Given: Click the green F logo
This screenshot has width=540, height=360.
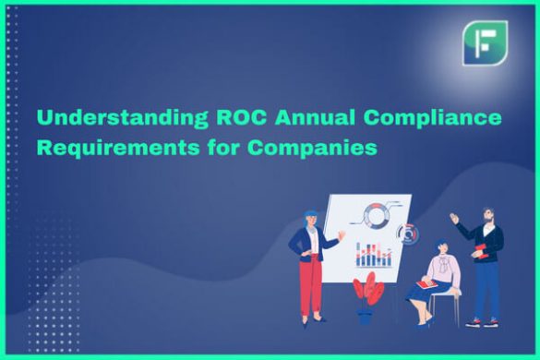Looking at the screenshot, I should [485, 43].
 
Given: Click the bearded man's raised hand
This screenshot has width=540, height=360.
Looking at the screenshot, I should [455, 219].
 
